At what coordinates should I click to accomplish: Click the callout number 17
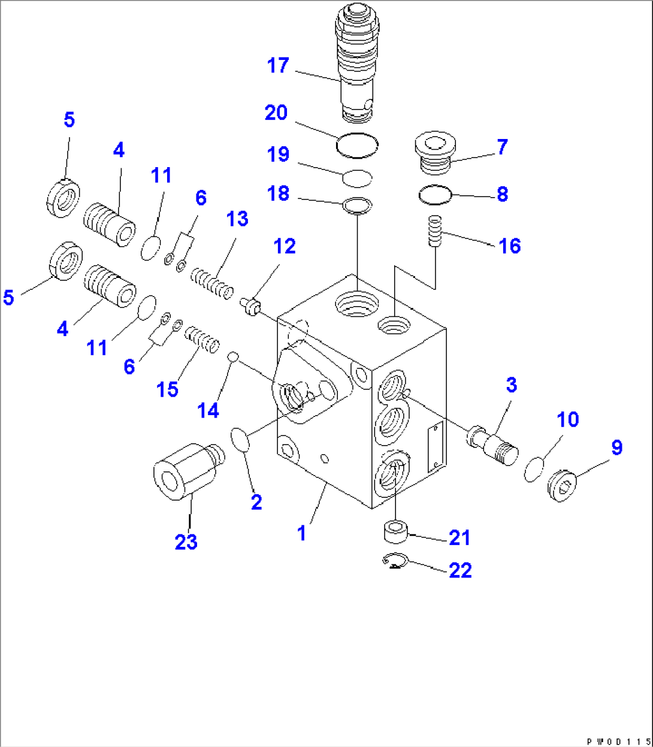click(x=278, y=65)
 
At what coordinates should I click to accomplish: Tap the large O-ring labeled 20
click(x=357, y=146)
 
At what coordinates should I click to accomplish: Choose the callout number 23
click(x=186, y=542)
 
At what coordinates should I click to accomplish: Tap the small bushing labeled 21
click(x=396, y=531)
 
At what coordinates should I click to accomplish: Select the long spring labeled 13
click(x=211, y=283)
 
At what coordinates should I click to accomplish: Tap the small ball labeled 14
click(x=234, y=358)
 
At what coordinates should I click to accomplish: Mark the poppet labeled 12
click(x=252, y=306)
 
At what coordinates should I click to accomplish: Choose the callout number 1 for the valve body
click(x=302, y=532)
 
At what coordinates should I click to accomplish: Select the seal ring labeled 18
click(x=358, y=205)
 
